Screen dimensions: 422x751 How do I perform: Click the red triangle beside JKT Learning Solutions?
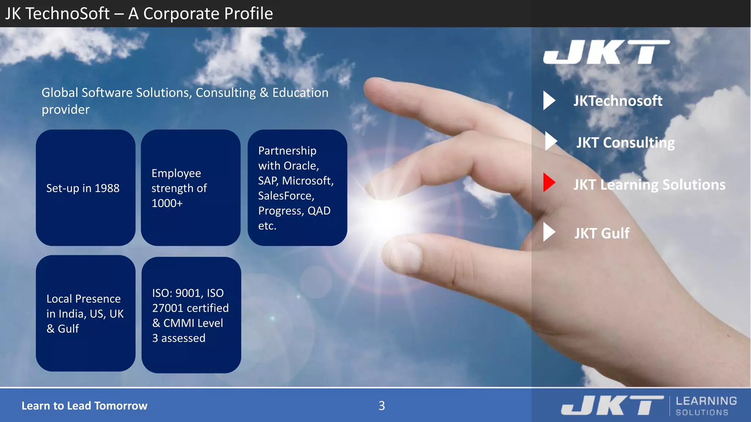[x=549, y=182]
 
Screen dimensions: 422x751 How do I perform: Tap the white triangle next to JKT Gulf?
[x=549, y=232]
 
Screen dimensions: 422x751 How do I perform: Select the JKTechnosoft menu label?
[x=618, y=101]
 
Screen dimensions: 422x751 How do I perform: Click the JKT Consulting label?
[x=625, y=142]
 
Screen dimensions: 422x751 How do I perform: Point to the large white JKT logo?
[x=606, y=52]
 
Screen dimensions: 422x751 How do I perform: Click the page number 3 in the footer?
[x=381, y=406]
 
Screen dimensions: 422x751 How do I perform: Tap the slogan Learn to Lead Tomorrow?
[x=84, y=406]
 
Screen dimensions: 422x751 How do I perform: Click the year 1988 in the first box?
[x=107, y=188]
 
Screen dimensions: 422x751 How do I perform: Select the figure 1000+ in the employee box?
[x=167, y=203]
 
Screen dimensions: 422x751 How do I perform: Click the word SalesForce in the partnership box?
[x=286, y=196]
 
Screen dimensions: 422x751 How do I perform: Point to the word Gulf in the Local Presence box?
[x=68, y=329]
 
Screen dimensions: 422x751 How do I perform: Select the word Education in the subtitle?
[x=300, y=93]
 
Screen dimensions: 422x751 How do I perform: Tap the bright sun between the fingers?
[x=385, y=216]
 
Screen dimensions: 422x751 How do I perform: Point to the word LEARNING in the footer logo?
[x=706, y=401]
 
